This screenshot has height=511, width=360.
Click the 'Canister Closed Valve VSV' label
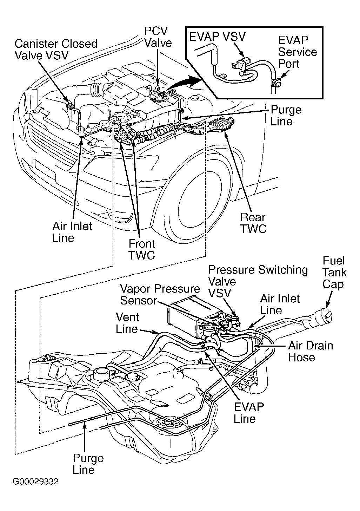56,50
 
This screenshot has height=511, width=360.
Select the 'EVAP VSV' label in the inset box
217,37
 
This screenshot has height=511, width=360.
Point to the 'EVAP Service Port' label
297,52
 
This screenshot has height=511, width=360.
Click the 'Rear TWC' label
253,223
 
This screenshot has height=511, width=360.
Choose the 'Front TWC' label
142,249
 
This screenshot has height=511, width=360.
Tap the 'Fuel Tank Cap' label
334,273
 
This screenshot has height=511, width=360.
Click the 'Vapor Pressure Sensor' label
160,295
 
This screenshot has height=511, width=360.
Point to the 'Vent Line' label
127,323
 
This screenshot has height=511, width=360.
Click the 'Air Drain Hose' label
310,352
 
